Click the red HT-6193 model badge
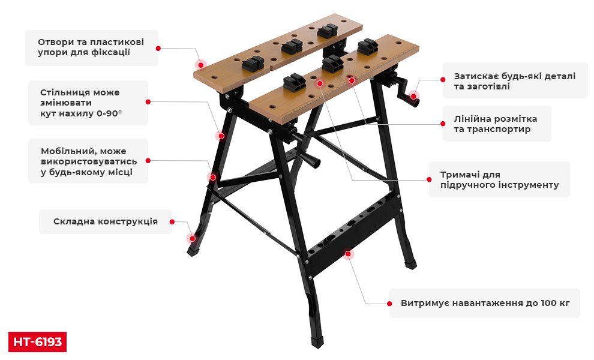tap(37, 342)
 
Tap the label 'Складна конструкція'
tap(106, 221)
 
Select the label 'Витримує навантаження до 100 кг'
tap(485, 303)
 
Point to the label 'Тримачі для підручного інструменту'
tap(499, 179)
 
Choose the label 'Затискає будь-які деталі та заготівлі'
tap(515, 81)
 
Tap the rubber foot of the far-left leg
tap(193, 250)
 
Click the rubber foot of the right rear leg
tap(410, 264)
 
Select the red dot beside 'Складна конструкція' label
tap(172, 221)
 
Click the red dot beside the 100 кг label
tap(389, 304)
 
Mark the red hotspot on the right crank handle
tap(413, 96)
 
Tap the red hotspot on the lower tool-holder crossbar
tap(348, 254)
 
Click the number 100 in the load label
tap(548, 303)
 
